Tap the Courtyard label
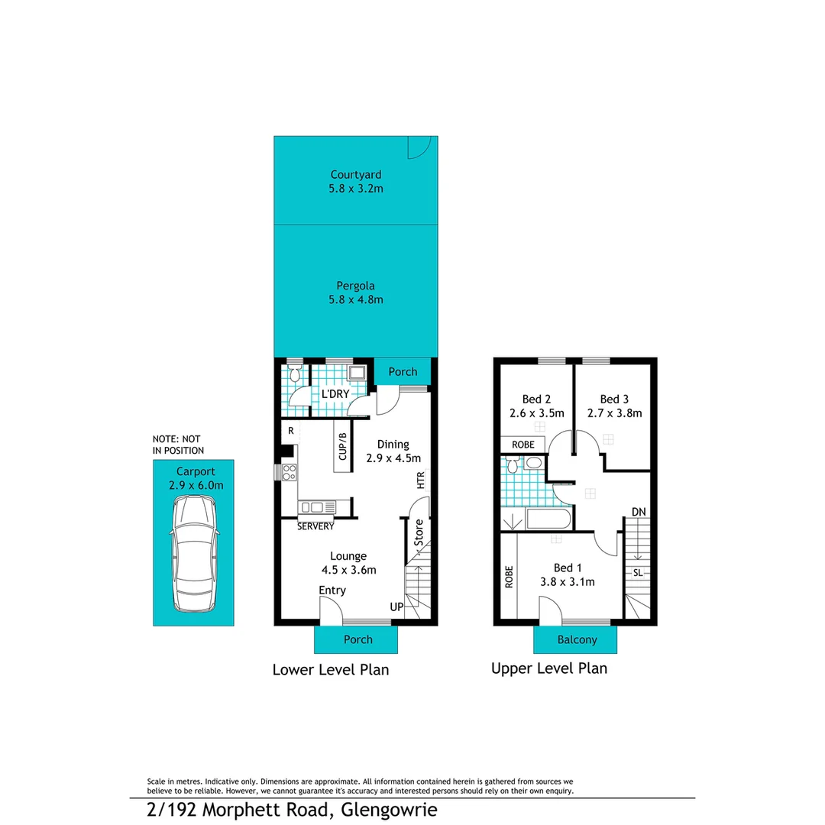[356, 174]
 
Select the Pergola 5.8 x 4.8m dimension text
[356, 300]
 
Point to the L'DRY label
[335, 393]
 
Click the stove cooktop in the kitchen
[290, 472]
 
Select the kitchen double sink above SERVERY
[316, 506]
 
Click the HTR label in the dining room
[420, 480]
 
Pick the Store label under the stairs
[419, 532]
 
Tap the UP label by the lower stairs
[396, 607]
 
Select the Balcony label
[577, 640]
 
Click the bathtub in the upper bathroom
[546, 521]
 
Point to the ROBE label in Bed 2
[523, 444]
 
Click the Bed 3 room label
[614, 399]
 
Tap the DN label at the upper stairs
[639, 511]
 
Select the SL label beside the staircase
[637, 571]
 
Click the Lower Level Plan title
[331, 670]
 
